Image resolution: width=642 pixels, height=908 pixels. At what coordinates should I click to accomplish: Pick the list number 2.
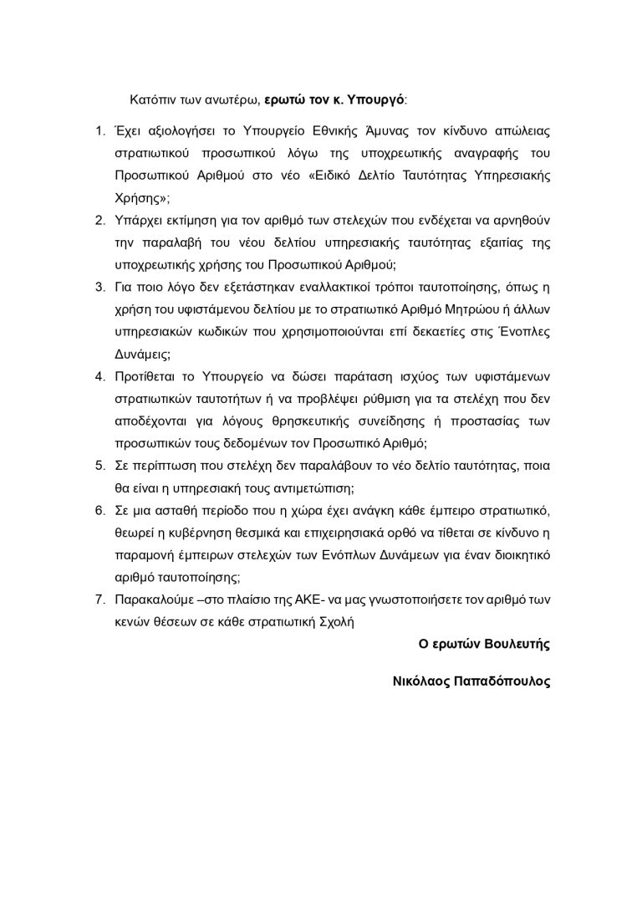pos(98,221)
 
